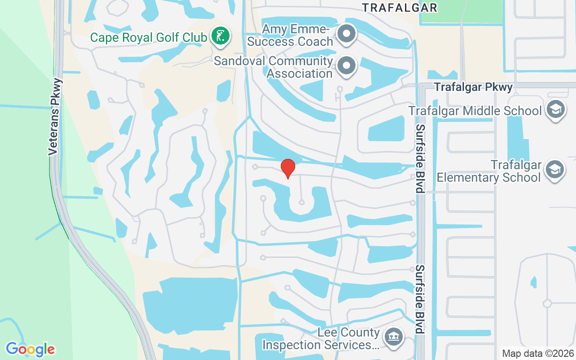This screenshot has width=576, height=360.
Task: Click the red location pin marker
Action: tap(288, 168)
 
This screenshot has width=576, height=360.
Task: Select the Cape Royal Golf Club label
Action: tap(148, 37)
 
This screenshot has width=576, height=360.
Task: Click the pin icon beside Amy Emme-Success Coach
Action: tap(346, 34)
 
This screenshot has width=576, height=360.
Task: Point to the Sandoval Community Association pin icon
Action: tap(346, 66)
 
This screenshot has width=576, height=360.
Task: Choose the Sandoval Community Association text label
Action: tap(274, 67)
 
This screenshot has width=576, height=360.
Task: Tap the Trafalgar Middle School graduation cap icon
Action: tap(555, 110)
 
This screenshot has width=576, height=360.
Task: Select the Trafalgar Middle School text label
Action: tap(475, 111)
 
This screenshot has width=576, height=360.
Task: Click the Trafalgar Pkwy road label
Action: tap(473, 87)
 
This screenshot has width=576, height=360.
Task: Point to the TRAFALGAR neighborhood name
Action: tap(400, 8)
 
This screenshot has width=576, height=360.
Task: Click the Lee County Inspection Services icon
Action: tap(393, 337)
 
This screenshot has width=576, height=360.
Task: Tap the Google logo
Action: tap(30, 349)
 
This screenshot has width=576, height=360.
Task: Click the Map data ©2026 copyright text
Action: tap(538, 353)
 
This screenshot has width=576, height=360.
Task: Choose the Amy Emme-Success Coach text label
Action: tap(297, 36)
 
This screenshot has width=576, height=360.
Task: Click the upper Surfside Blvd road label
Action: tap(420, 158)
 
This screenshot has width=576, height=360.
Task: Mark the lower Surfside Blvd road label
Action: tap(420, 299)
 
